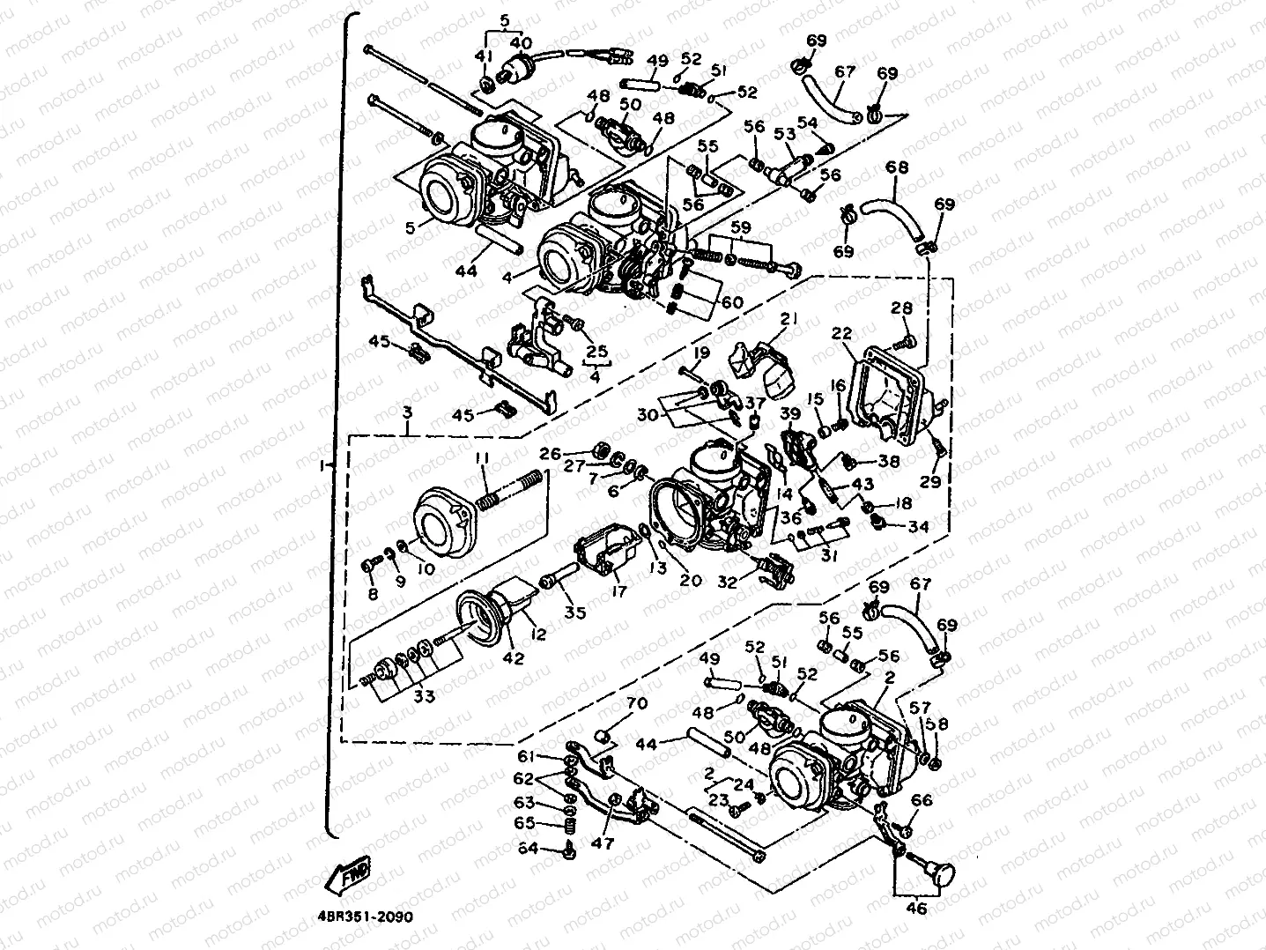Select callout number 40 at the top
click(521, 42)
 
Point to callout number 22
click(841, 333)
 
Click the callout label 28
click(901, 308)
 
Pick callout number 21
click(788, 317)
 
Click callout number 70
click(636, 704)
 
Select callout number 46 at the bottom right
click(916, 908)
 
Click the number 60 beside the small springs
click(732, 302)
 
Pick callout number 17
click(618, 591)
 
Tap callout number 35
click(575, 612)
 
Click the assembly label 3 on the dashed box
click(407, 412)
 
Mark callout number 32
click(728, 582)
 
